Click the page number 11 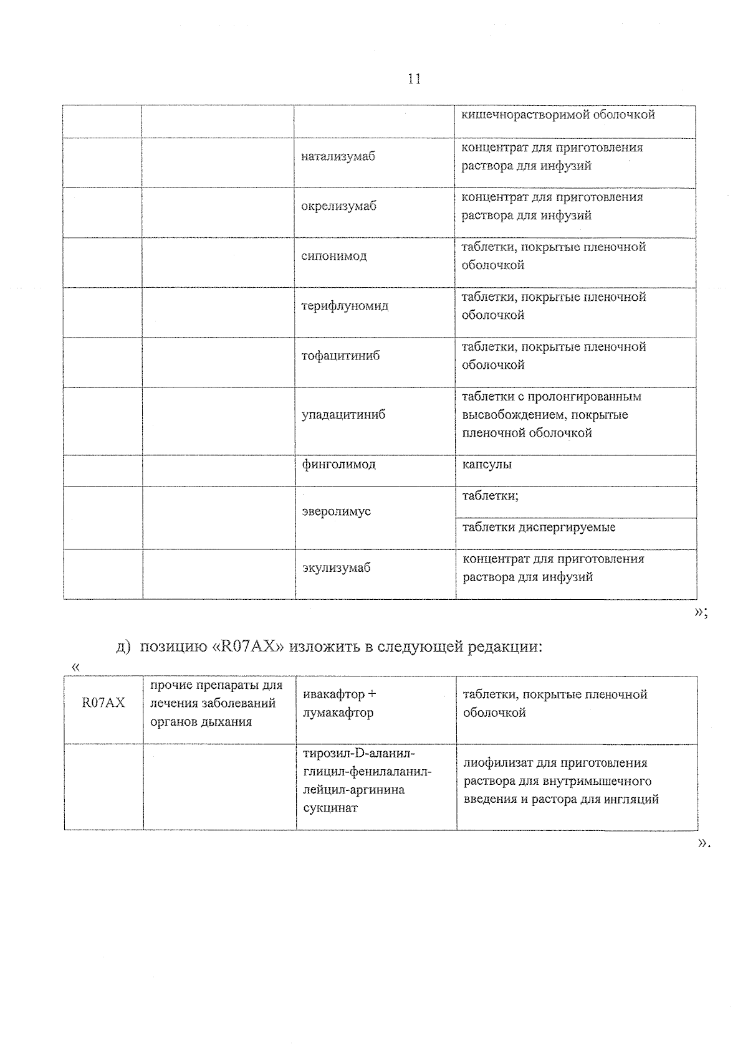(413, 79)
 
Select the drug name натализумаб (338, 157)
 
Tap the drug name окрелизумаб (338, 207)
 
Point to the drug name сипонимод (333, 257)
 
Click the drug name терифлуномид (344, 306)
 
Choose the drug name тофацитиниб (340, 356)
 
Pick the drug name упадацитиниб (343, 415)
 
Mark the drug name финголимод (338, 465)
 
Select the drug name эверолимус (336, 512)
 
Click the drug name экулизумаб (336, 568)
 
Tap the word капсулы (487, 465)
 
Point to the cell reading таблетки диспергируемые (539, 528)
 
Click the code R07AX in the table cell (103, 703)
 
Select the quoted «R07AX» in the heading (249, 647)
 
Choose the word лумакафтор (338, 713)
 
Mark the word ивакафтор (333, 694)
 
